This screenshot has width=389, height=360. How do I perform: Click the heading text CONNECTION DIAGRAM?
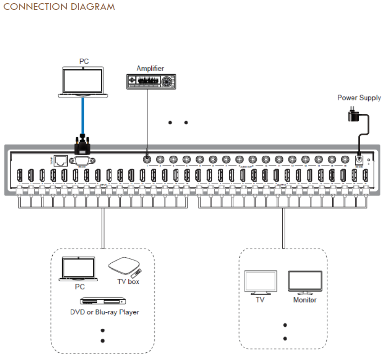pos(59,7)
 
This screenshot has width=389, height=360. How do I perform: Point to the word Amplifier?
pos(150,69)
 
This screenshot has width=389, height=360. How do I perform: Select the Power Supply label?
pos(359,98)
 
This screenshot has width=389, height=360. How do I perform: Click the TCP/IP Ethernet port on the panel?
pos(60,160)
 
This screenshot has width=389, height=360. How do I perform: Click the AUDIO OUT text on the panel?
pos(246,166)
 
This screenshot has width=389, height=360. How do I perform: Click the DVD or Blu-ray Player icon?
pos(101,301)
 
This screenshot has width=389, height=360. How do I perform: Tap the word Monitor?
pos(305,300)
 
